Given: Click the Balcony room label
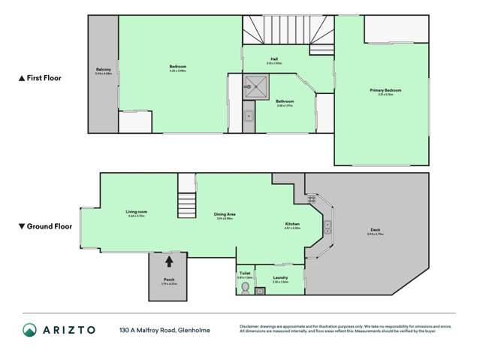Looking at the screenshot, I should tap(103, 71).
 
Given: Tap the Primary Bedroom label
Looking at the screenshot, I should tap(385, 90).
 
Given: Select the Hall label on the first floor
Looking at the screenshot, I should tap(276, 61).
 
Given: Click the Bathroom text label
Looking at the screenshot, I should tap(285, 101).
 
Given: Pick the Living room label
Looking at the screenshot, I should tap(136, 213).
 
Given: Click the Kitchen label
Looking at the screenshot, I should tap(292, 224).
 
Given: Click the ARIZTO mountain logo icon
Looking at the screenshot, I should tap(29, 330).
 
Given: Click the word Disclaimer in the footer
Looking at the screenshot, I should tap(251, 326).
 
